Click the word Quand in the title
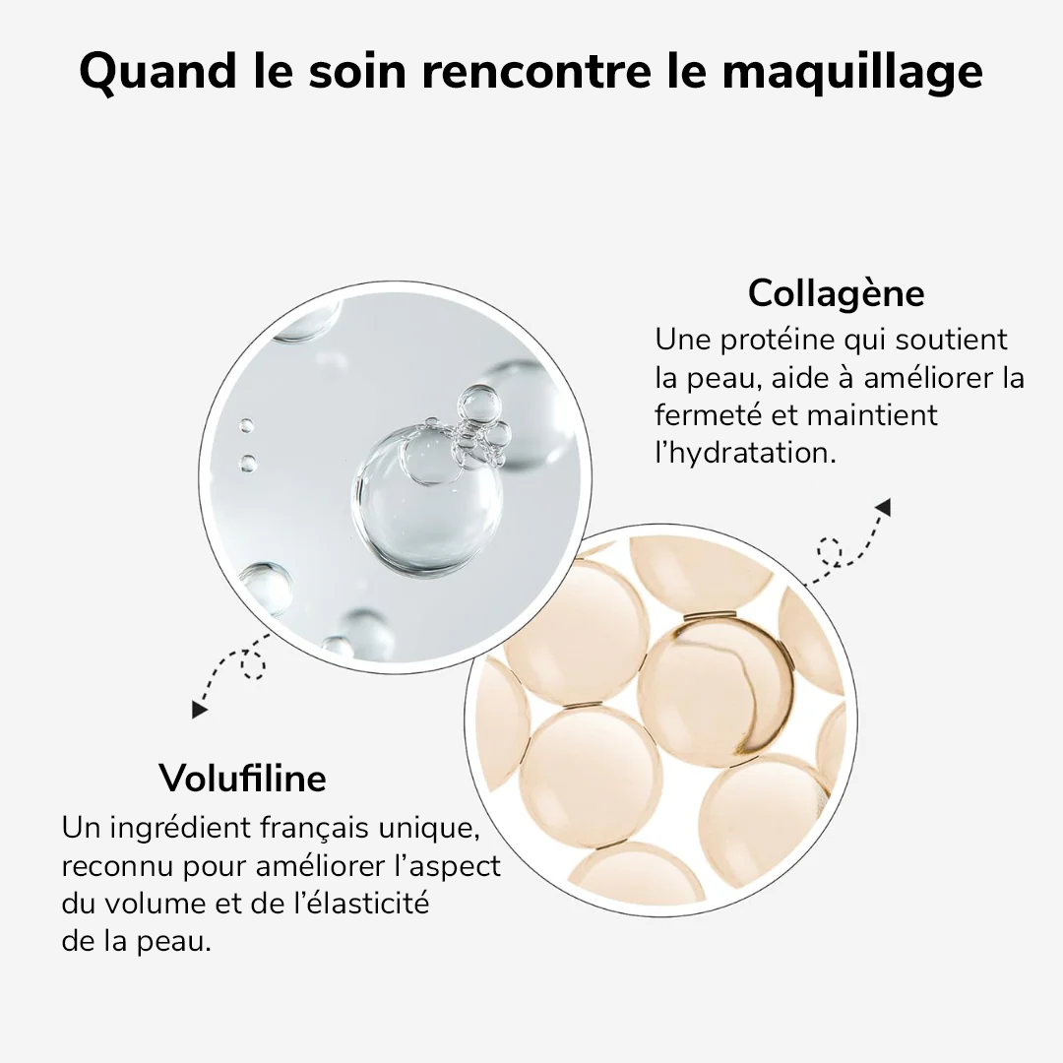pyautogui.click(x=156, y=71)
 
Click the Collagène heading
pyautogui.click(x=836, y=293)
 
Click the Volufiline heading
pyautogui.click(x=242, y=779)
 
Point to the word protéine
pyautogui.click(x=781, y=341)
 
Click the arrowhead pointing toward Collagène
pyautogui.click(x=882, y=507)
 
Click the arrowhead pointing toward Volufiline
pyautogui.click(x=201, y=708)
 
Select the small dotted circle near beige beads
pyautogui.click(x=830, y=551)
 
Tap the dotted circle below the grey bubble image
pyautogui.click(x=253, y=668)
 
